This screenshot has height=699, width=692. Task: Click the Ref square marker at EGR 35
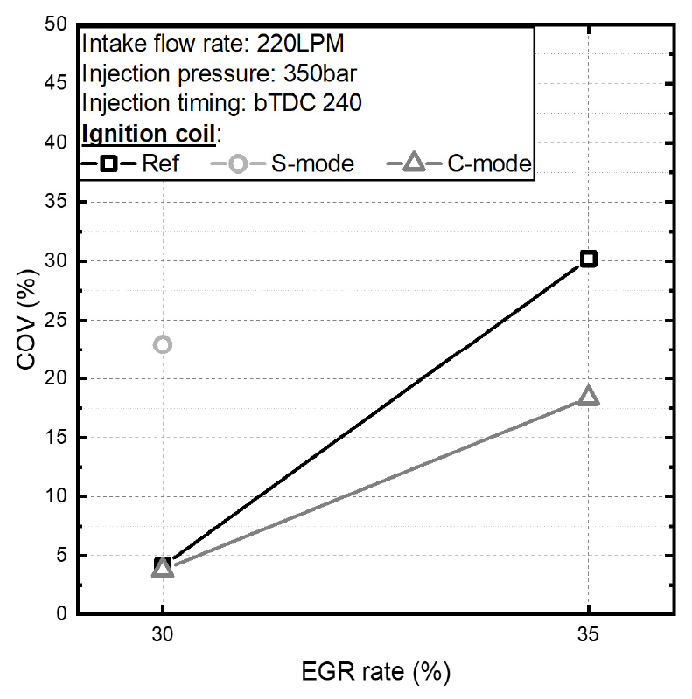pyautogui.click(x=588, y=259)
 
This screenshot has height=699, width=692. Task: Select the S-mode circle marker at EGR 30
pyautogui.click(x=162, y=344)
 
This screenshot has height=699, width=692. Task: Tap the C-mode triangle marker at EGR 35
pyautogui.click(x=588, y=397)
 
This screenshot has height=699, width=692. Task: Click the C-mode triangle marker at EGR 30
pyautogui.click(x=162, y=569)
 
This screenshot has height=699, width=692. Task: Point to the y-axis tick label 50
pyautogui.click(x=56, y=25)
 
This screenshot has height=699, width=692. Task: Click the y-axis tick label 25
pyautogui.click(x=56, y=320)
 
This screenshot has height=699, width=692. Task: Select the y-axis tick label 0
pyautogui.click(x=61, y=614)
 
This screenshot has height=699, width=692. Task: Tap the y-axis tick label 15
pyautogui.click(x=56, y=438)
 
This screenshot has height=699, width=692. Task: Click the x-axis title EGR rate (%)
pyautogui.click(x=376, y=673)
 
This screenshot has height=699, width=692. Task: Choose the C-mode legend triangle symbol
pyautogui.click(x=415, y=163)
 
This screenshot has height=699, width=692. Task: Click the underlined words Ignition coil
pyautogui.click(x=148, y=133)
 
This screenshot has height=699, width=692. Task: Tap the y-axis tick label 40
pyautogui.click(x=56, y=143)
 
